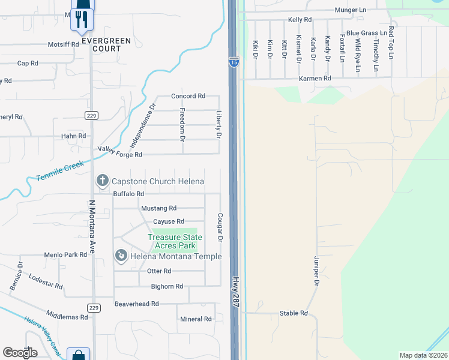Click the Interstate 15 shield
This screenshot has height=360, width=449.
(x=233, y=61)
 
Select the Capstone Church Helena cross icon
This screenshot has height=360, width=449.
(x=103, y=180)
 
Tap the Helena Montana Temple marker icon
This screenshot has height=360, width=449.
(x=121, y=256)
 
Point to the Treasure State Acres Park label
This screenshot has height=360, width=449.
(x=172, y=241)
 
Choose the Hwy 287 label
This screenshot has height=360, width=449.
(x=236, y=292)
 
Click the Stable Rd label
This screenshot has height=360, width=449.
(x=294, y=313)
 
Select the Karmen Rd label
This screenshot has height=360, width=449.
(x=315, y=78)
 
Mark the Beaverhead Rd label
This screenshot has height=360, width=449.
(x=136, y=304)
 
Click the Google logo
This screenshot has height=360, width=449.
(x=20, y=353)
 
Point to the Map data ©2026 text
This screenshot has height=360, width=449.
(x=423, y=355)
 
